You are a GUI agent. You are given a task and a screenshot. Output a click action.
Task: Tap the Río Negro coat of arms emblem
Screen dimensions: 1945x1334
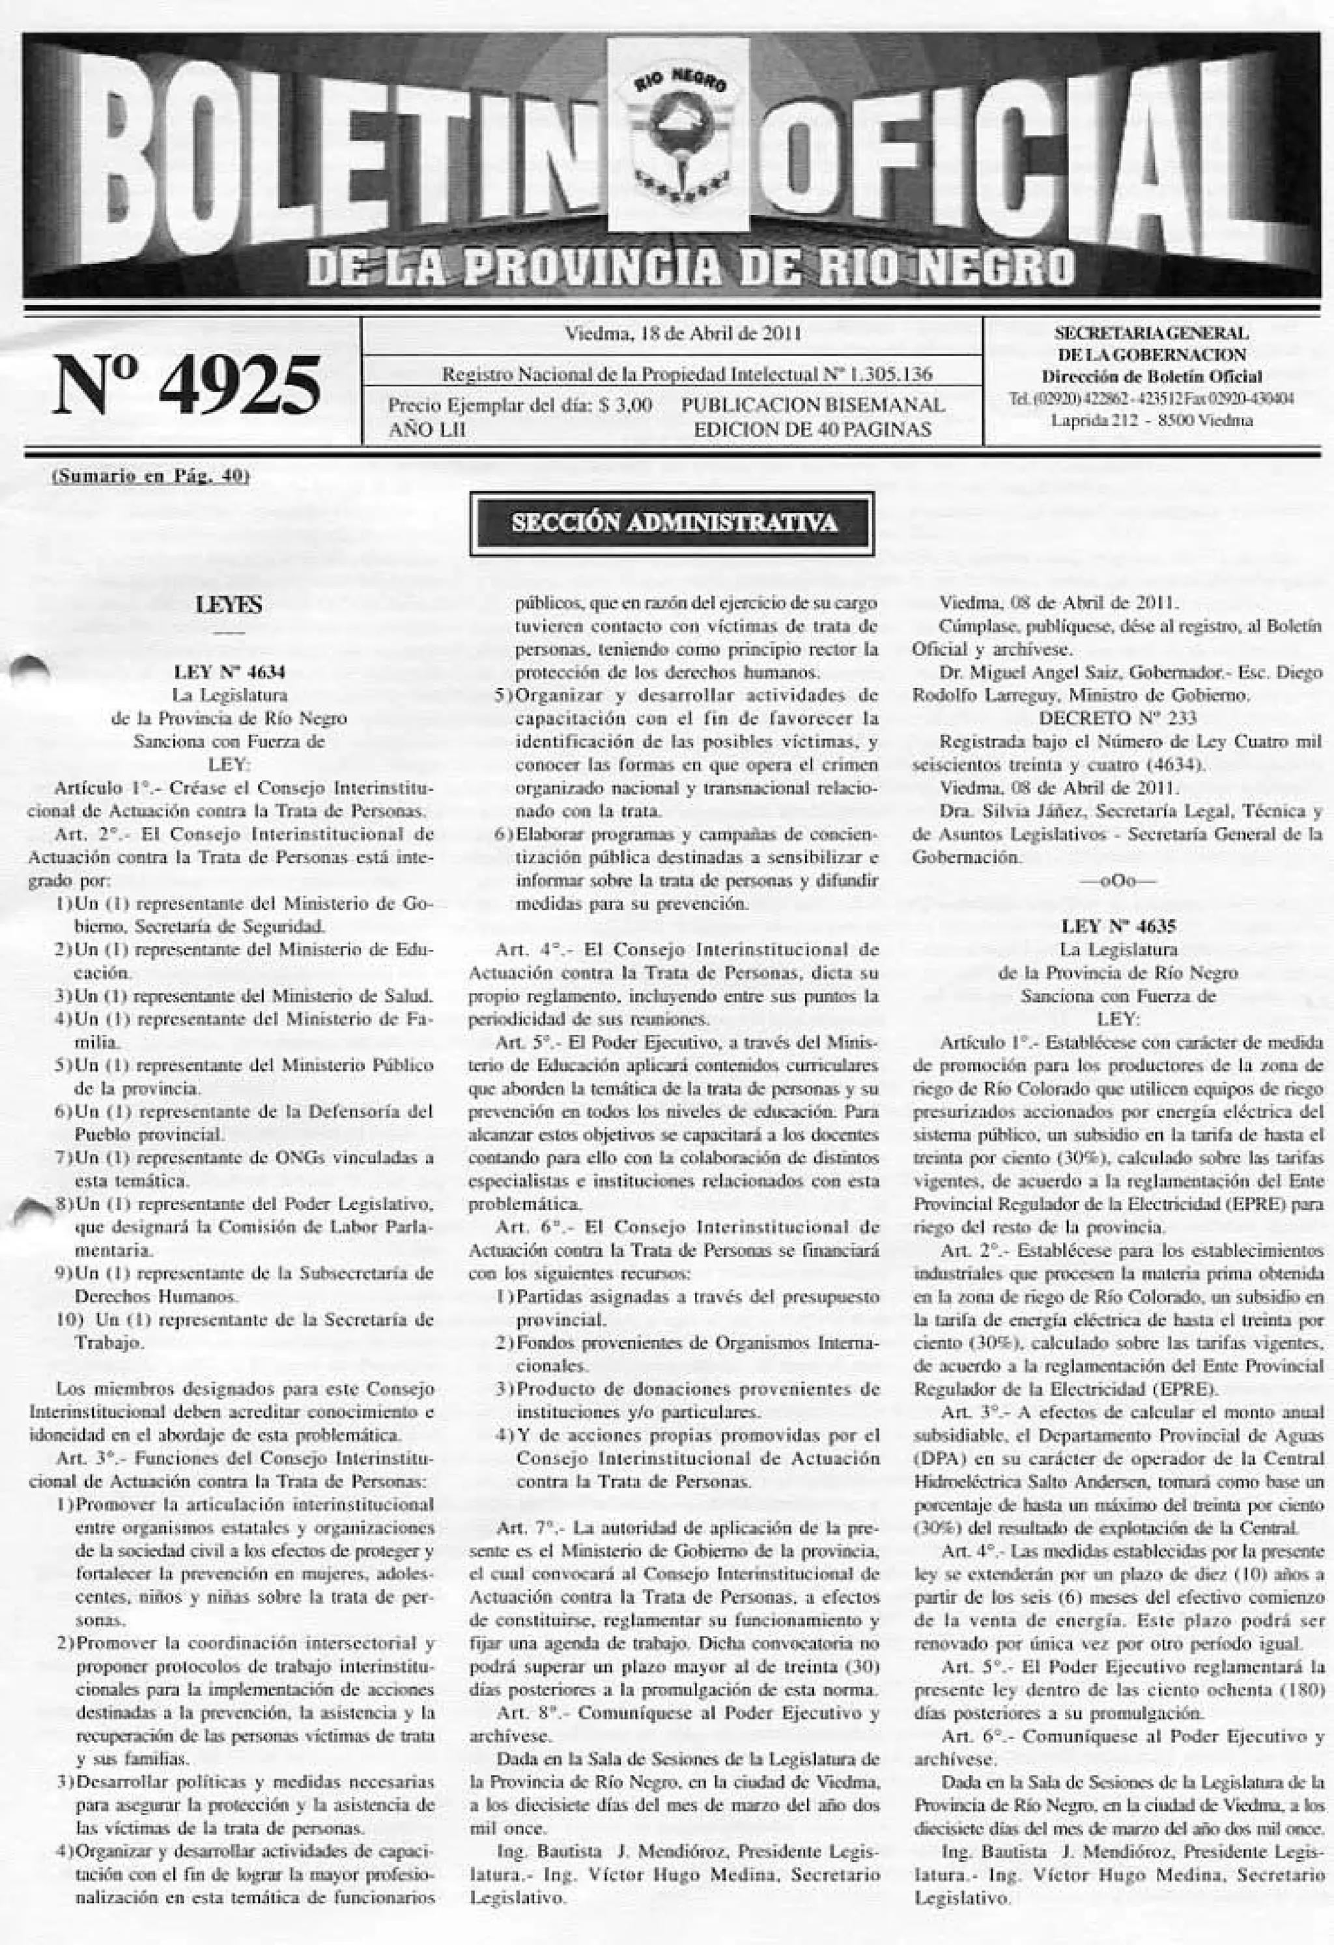tap(678, 135)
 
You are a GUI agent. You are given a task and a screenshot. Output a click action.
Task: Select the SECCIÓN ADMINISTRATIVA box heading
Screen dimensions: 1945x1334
tap(673, 523)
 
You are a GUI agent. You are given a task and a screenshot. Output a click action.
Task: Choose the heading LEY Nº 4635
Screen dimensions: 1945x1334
tap(1118, 926)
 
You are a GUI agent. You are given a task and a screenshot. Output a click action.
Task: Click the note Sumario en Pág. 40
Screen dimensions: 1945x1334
tap(152, 477)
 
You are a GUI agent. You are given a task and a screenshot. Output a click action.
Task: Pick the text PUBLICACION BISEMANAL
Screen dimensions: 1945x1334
tap(813, 406)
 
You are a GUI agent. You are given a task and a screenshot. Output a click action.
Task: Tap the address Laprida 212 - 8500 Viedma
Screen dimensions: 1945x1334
tap(1152, 421)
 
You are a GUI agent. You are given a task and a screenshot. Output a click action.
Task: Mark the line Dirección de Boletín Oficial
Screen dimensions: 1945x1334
tap(1152, 377)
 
